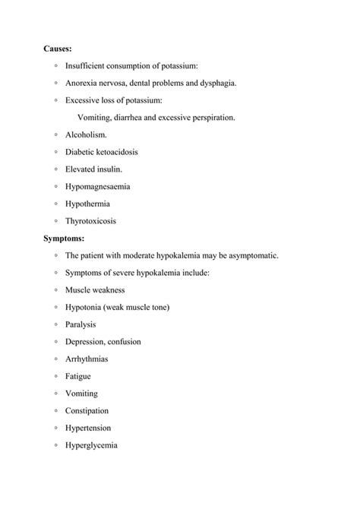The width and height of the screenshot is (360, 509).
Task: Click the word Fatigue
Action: tap(78, 376)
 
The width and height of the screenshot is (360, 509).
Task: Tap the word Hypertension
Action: tap(88, 428)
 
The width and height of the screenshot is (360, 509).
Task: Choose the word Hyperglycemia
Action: tap(91, 446)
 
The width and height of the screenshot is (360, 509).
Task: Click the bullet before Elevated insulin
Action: tap(56, 169)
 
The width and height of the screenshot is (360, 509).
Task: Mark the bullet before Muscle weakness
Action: tap(56, 290)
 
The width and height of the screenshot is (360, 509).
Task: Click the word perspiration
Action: tap(213, 118)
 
